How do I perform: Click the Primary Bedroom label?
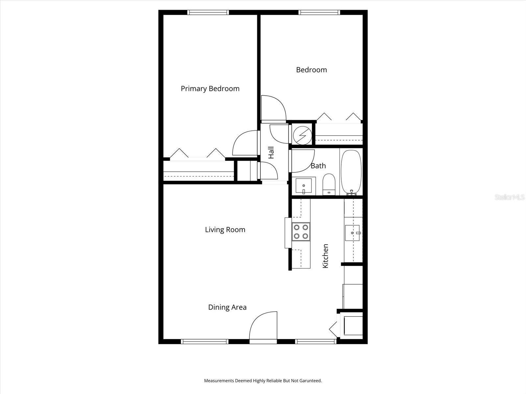coord(210,89)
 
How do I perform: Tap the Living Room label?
coord(225,230)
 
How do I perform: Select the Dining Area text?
coord(227,307)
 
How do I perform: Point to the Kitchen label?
coord(325,256)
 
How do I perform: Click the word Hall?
coord(271,153)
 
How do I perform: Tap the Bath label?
coord(318,166)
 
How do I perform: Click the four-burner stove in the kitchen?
coord(301,231)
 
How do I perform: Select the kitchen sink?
coord(353,233)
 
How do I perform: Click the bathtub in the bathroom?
coord(351,172)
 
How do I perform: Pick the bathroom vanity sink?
coord(303,186)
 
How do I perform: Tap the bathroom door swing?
coord(301,161)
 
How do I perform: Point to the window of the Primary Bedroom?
coord(208,12)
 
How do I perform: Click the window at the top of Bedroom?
coord(319,12)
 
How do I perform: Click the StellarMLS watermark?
coord(510,197)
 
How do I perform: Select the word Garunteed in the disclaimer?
coord(311,381)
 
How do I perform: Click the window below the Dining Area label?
coord(204,341)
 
